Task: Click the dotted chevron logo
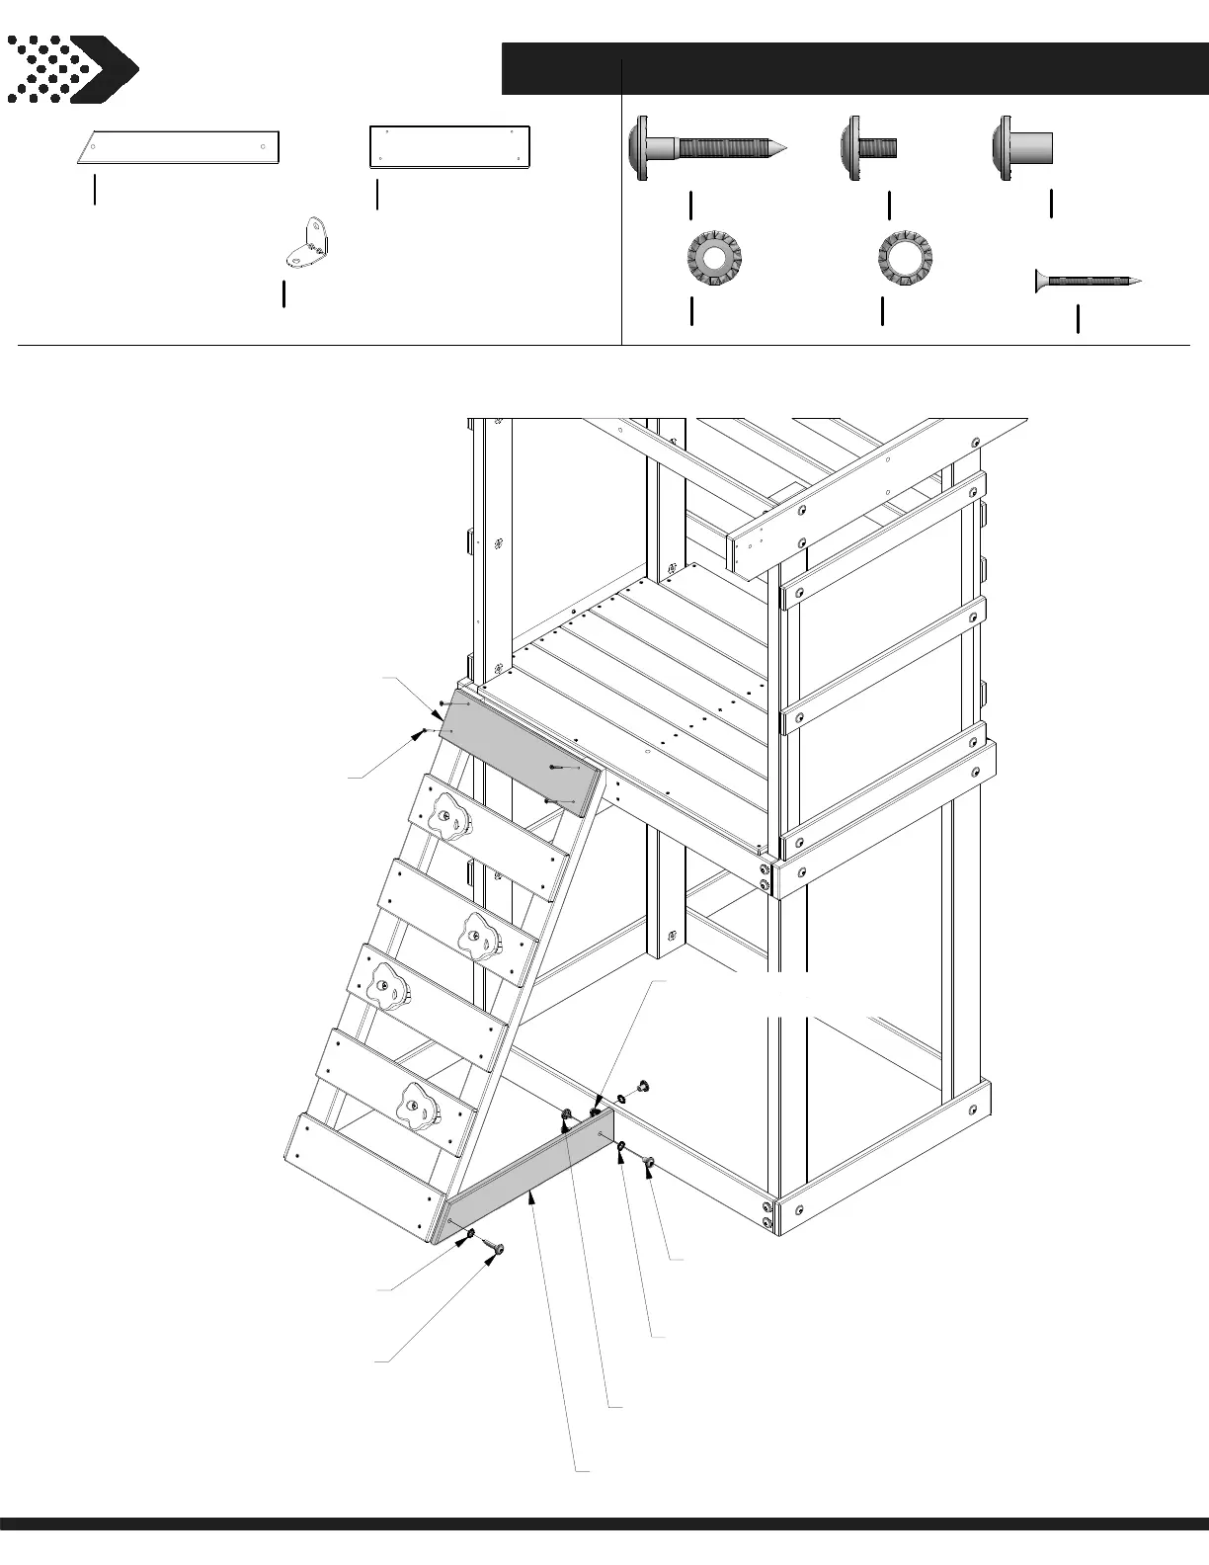pyautogui.click(x=72, y=69)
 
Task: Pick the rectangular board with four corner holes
pyautogui.click(x=450, y=147)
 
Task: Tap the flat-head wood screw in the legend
pyautogui.click(x=1088, y=282)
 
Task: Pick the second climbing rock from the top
pyautogui.click(x=478, y=933)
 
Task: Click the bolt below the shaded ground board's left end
pyautogui.click(x=496, y=1251)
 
